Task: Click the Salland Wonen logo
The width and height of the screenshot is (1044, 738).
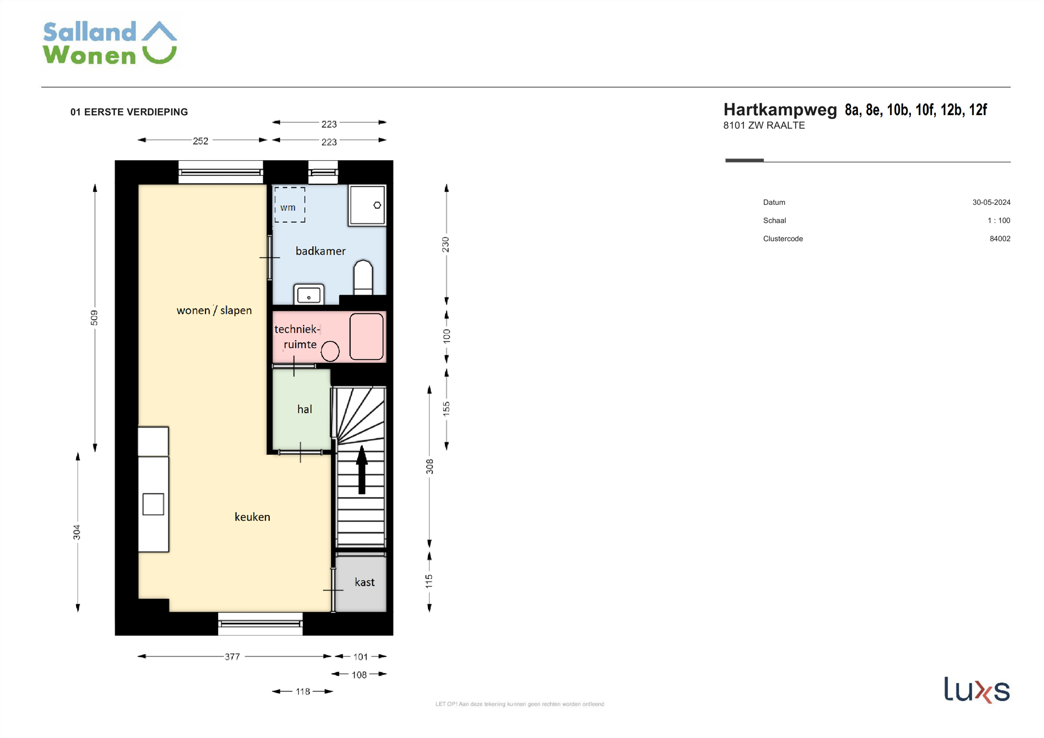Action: [110, 43]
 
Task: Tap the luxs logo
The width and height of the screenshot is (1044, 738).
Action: [977, 690]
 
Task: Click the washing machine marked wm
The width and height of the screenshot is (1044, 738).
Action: [289, 205]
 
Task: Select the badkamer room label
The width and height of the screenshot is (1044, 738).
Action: [320, 251]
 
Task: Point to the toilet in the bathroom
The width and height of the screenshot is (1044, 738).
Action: [363, 277]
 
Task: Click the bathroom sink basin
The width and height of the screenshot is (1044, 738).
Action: [309, 295]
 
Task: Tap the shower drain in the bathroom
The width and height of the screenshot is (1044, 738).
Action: [377, 205]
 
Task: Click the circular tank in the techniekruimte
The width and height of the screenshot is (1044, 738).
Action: [330, 351]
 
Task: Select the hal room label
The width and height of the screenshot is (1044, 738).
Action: [304, 409]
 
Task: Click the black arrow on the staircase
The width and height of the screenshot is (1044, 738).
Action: [362, 470]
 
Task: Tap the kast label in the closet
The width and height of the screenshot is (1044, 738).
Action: [364, 582]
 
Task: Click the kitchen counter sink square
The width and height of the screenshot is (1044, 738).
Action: [153, 504]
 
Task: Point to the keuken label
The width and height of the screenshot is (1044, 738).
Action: [252, 517]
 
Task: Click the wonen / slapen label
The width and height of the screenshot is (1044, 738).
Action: [214, 310]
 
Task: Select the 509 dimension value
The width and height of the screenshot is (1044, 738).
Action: [94, 318]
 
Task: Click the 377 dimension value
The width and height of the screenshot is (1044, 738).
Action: [232, 656]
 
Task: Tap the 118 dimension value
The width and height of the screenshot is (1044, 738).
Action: [303, 691]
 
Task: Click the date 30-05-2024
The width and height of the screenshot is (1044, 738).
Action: [991, 202]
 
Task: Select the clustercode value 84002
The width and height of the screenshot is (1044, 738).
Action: [1000, 239]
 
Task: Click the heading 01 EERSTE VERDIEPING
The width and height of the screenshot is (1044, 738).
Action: [129, 112]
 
